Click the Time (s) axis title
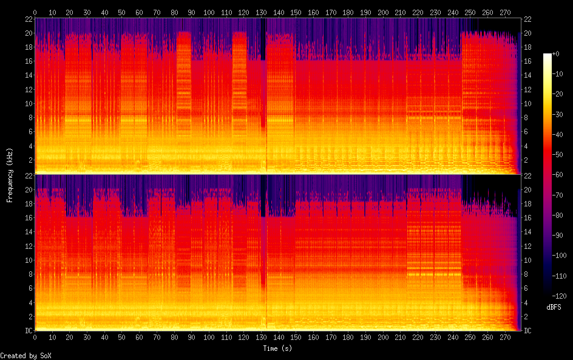(x=278, y=348)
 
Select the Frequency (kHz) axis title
(x=10, y=174)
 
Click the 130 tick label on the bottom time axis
(x=262, y=337)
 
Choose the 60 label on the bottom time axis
(x=140, y=337)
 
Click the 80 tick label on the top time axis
(x=175, y=12)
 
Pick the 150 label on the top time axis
(x=297, y=12)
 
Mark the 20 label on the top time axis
(x=70, y=12)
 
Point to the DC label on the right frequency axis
(x=527, y=330)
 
